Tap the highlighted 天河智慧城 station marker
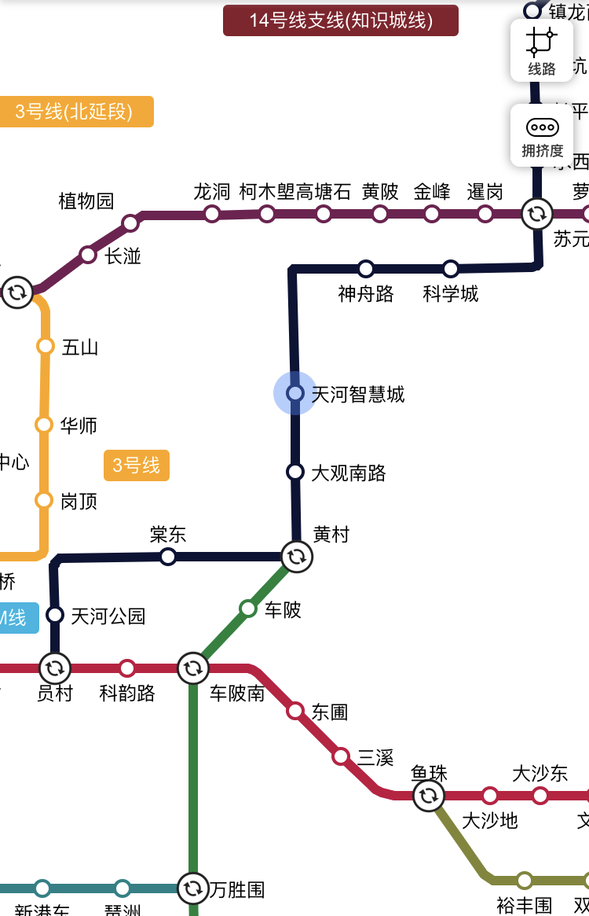click(295, 392)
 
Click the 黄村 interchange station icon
click(296, 557)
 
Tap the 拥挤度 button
click(542, 135)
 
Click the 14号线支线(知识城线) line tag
click(341, 20)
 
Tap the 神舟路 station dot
click(366, 269)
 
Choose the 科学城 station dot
click(451, 269)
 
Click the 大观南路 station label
click(349, 473)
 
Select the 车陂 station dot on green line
click(248, 608)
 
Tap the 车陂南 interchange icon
click(193, 669)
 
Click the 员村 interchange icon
click(55, 669)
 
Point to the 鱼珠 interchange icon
click(429, 796)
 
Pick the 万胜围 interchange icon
click(193, 888)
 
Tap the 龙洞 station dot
click(212, 214)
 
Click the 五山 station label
click(80, 347)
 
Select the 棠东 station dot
click(167, 557)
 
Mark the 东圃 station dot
click(295, 711)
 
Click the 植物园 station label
click(86, 201)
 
